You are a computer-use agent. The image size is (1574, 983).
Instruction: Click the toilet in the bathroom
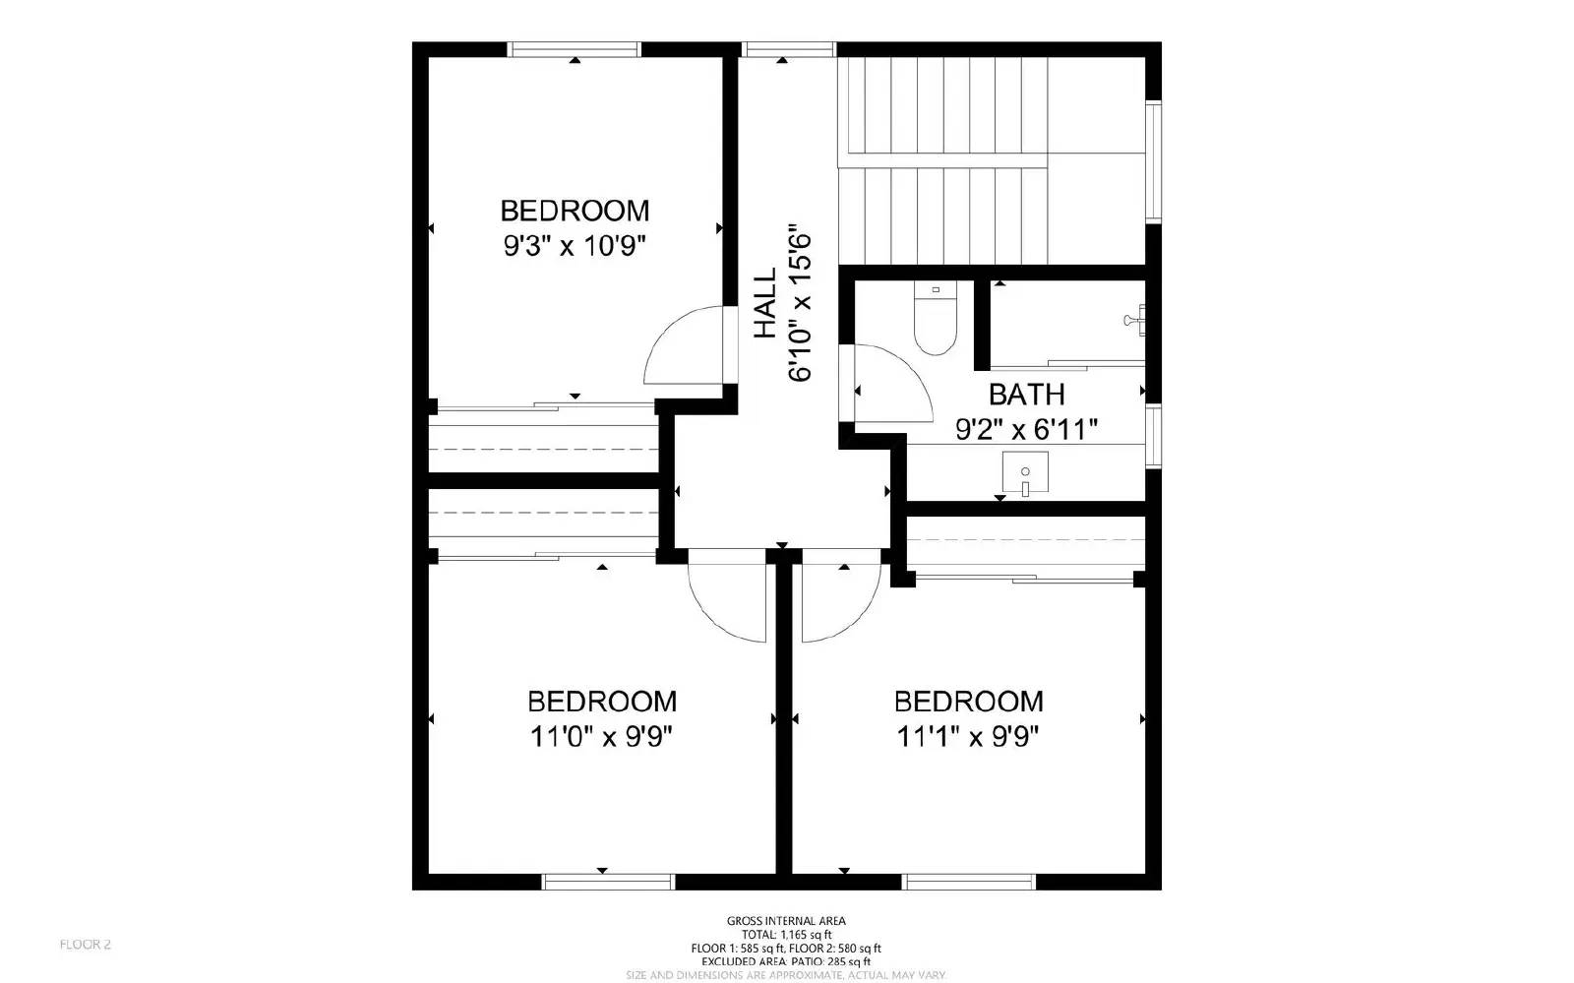click(935, 320)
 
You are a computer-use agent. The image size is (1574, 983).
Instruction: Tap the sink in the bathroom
click(1025, 473)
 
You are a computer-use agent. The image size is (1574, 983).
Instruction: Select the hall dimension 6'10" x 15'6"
click(799, 303)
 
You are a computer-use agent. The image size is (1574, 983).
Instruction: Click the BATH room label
click(1026, 395)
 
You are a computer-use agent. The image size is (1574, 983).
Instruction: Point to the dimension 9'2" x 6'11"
click(1026, 429)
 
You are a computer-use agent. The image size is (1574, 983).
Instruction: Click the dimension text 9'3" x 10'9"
click(575, 245)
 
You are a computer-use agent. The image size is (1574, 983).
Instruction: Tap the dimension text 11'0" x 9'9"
click(601, 736)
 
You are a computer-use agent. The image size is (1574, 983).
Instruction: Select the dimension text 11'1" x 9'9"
click(968, 736)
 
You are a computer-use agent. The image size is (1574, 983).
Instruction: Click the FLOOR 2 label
click(85, 945)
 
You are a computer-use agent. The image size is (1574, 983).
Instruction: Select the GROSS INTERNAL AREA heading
click(786, 921)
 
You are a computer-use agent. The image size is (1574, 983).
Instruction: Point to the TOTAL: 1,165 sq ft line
click(786, 935)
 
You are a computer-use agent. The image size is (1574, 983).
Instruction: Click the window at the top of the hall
click(787, 48)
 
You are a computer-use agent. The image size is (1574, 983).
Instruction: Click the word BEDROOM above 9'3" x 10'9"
click(575, 211)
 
